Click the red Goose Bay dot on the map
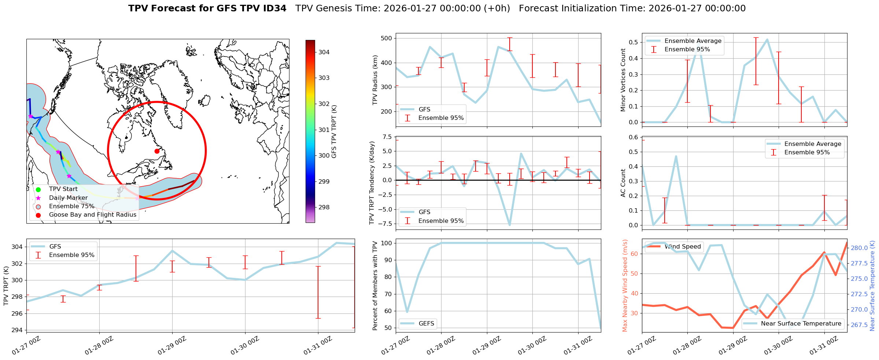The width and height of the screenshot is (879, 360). (157, 151)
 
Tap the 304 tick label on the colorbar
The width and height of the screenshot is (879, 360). (324, 52)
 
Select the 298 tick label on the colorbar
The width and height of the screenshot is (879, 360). (324, 207)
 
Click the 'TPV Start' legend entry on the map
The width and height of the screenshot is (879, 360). (63, 189)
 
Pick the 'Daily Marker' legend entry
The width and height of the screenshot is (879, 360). (68, 198)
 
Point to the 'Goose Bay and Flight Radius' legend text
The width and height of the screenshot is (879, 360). (92, 215)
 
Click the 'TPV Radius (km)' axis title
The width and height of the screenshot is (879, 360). (375, 80)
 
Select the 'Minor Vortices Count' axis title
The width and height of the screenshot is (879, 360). (623, 80)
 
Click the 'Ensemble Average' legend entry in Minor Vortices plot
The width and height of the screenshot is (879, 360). (693, 41)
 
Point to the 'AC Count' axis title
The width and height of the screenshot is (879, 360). (623, 183)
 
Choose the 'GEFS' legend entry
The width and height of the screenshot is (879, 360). (426, 324)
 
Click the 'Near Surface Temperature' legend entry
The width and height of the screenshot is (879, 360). (801, 324)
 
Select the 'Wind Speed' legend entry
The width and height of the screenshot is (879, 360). (682, 247)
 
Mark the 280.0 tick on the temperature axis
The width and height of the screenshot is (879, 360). (859, 248)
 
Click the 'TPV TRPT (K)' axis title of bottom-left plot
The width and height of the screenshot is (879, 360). (6, 286)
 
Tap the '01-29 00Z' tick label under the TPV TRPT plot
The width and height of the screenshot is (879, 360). (171, 346)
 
